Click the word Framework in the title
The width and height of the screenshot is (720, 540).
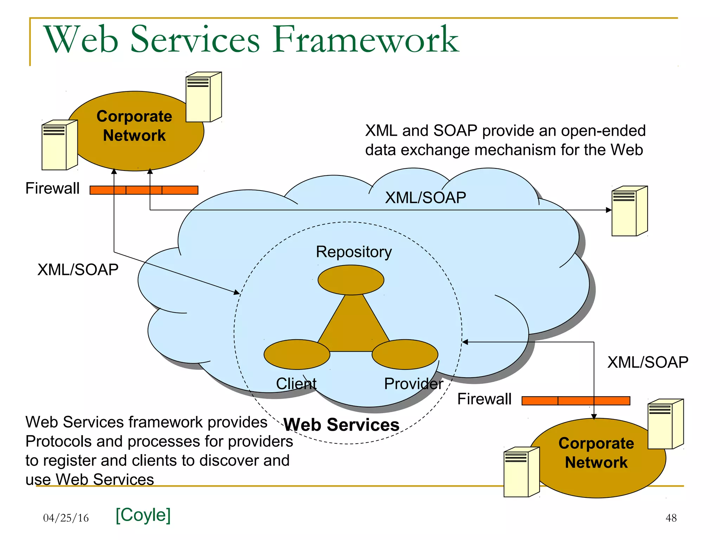(366, 39)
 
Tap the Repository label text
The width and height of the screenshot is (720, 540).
(354, 252)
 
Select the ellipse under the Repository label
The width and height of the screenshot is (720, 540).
(351, 280)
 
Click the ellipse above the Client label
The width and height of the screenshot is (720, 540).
(297, 354)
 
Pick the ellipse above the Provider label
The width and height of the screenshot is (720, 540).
(405, 354)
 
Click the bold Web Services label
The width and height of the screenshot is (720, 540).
(341, 425)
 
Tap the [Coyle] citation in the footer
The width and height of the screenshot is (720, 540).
(143, 515)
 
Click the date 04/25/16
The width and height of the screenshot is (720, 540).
(66, 518)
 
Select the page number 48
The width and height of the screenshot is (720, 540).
(671, 518)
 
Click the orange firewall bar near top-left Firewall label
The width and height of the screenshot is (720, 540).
(144, 190)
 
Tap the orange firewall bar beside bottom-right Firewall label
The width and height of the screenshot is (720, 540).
(576, 401)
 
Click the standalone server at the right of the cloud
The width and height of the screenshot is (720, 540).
(629, 211)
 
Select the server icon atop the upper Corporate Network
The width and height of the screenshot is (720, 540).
(204, 97)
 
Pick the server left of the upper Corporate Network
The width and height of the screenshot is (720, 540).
(59, 145)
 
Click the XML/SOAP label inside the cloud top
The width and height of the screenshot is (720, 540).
(425, 198)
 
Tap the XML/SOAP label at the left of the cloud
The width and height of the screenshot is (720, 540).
(78, 270)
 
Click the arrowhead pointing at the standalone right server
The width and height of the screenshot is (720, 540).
(609, 210)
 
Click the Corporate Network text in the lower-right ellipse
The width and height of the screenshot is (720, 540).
(596, 453)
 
